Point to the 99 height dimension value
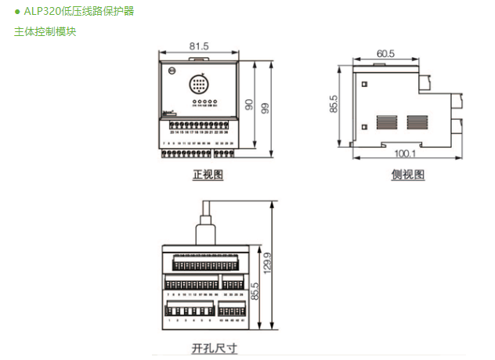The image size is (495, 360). [x=266, y=107]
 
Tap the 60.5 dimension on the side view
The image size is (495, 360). [x=385, y=54]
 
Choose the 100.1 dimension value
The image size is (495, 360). [x=404, y=153]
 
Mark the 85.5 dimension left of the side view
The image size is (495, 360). [x=334, y=105]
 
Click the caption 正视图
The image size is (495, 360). [x=208, y=175]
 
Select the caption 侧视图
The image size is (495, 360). [x=407, y=175]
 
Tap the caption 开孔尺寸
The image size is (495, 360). [x=214, y=347]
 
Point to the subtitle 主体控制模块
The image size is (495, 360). [x=45, y=32]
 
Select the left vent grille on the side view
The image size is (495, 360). [x=387, y=122]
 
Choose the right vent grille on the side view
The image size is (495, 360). [x=417, y=122]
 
